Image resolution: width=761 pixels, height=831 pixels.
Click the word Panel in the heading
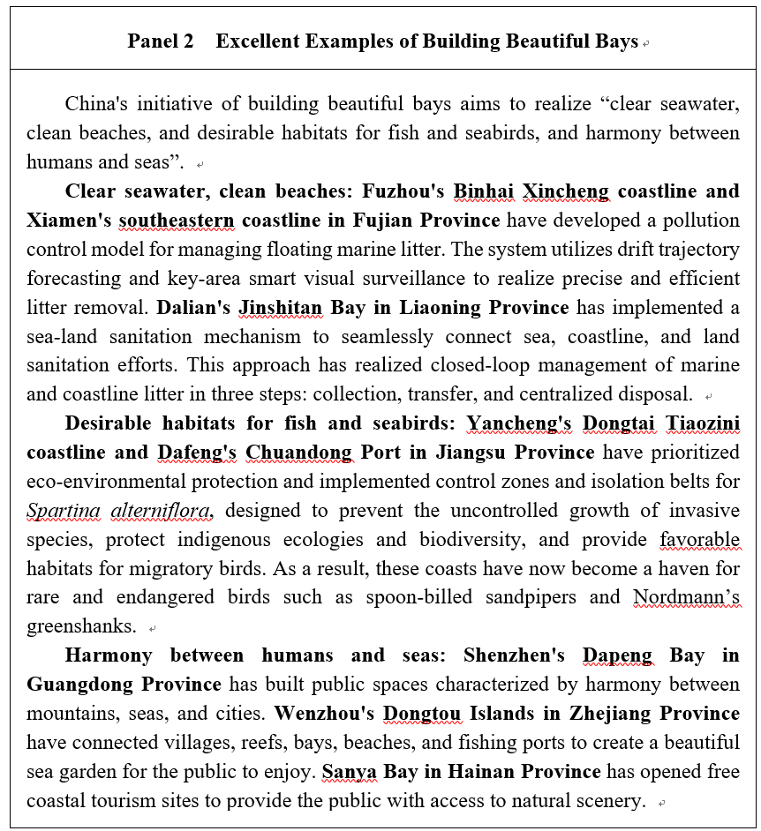pos(153,41)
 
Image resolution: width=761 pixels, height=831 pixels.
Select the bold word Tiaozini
pos(703,423)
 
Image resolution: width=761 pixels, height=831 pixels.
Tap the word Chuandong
pos(298,453)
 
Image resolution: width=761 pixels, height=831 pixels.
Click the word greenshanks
pos(81,626)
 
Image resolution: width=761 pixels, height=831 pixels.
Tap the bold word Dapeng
pos(618,655)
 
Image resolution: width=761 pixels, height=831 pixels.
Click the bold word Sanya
pos(349,772)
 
